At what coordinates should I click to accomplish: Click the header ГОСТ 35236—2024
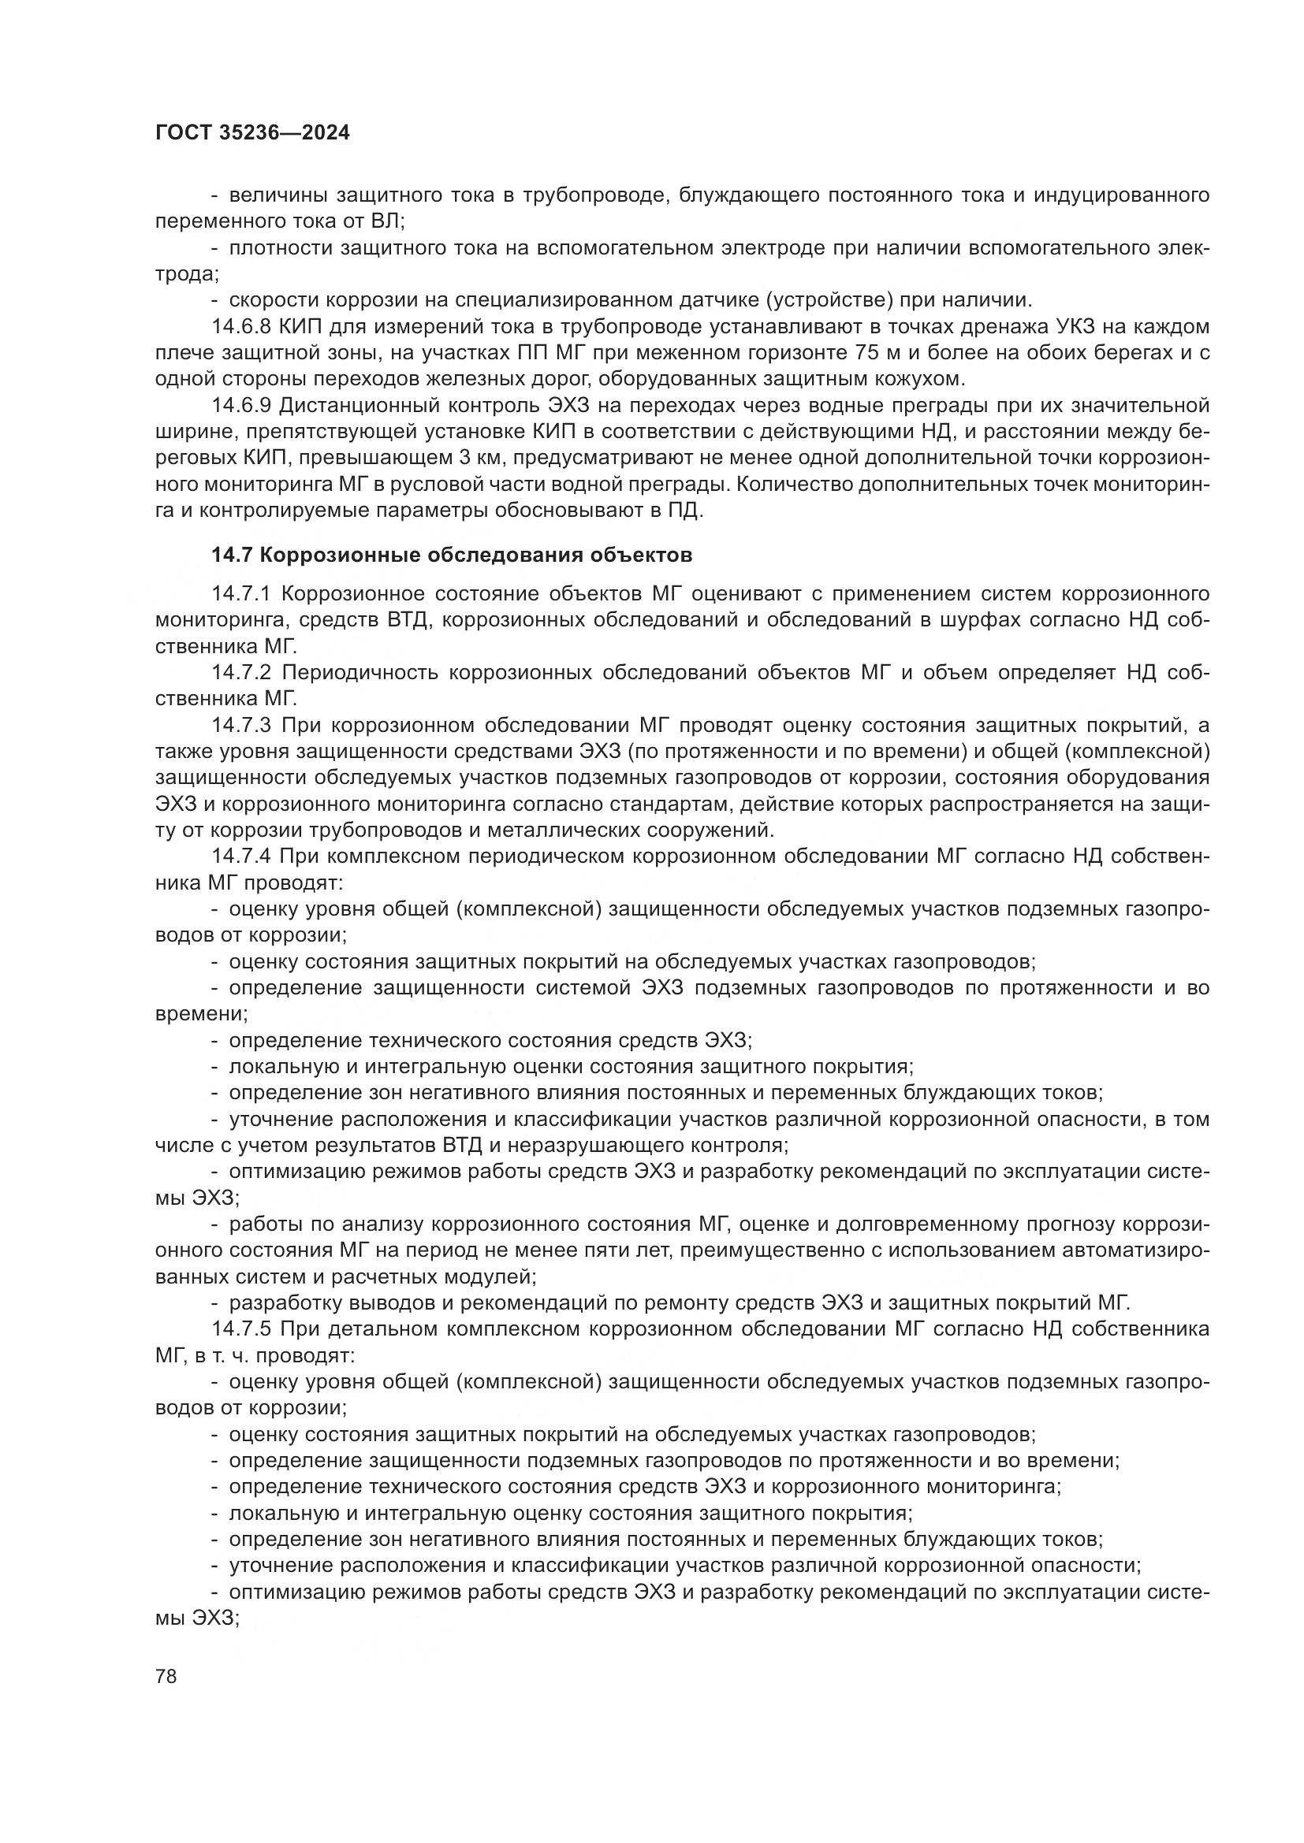[x=252, y=133]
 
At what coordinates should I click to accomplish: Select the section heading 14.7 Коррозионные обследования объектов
[x=451, y=555]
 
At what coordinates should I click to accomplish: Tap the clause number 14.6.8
[x=242, y=327]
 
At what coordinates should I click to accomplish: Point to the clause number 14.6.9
[x=242, y=405]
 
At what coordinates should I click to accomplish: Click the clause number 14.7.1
[x=242, y=593]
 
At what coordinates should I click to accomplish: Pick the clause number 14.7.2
[x=242, y=672]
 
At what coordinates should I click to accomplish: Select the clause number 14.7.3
[x=242, y=725]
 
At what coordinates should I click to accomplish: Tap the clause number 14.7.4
[x=242, y=856]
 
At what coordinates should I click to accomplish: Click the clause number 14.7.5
[x=242, y=1328]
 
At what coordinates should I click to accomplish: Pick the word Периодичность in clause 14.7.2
[x=360, y=672]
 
